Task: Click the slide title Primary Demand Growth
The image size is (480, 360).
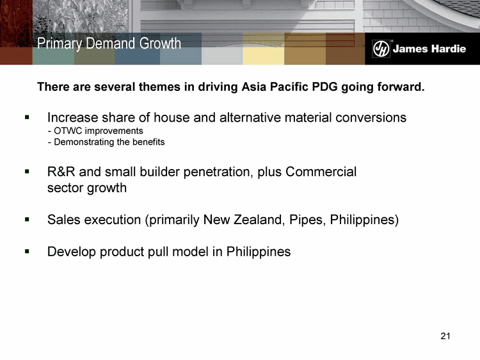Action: [x=109, y=44]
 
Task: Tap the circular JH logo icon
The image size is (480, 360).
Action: [x=381, y=49]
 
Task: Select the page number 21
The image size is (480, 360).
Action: [x=445, y=336]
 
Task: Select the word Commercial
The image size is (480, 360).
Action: [x=321, y=172]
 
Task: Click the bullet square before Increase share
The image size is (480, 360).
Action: [x=28, y=117]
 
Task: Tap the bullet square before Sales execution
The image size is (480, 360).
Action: [x=28, y=219]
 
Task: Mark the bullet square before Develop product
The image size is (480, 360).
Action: [x=28, y=251]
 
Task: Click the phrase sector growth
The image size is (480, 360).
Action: [x=87, y=188]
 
